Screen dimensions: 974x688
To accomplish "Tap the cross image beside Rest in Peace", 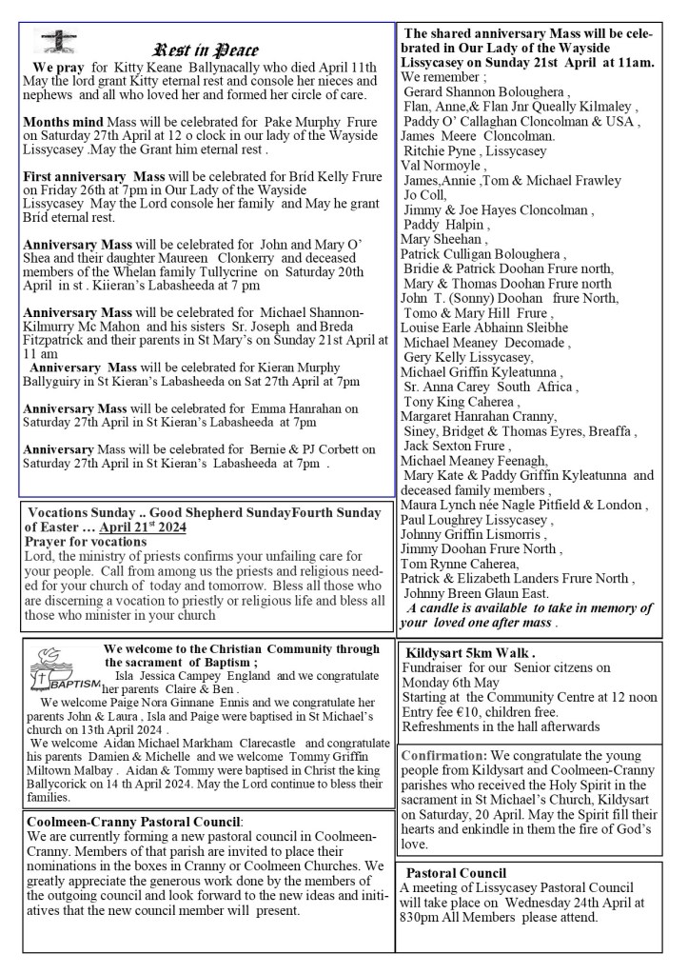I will (x=55, y=42).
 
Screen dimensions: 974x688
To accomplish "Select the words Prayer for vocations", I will (x=86, y=541).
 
